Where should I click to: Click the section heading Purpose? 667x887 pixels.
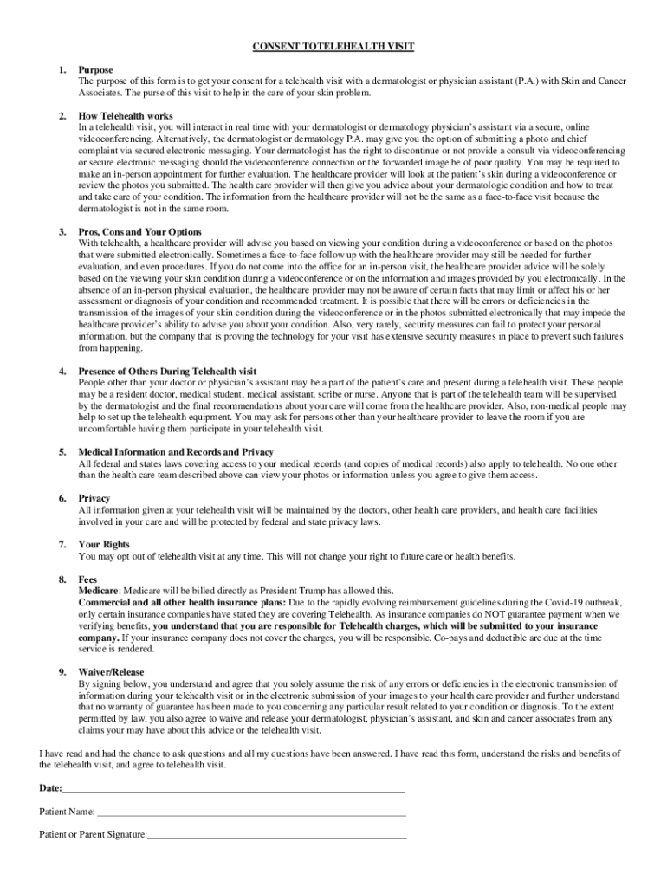click(95, 69)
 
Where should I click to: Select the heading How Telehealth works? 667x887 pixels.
click(126, 116)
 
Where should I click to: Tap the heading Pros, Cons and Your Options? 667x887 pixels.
click(139, 232)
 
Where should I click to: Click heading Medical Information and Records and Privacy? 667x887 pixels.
click(176, 452)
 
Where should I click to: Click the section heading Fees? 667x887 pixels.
click(87, 579)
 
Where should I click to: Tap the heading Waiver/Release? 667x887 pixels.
click(111, 672)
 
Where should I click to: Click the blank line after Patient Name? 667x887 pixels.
click(251, 813)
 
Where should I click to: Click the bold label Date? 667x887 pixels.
click(50, 789)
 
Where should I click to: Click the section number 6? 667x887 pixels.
click(62, 499)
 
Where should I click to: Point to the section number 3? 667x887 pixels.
click(62, 232)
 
